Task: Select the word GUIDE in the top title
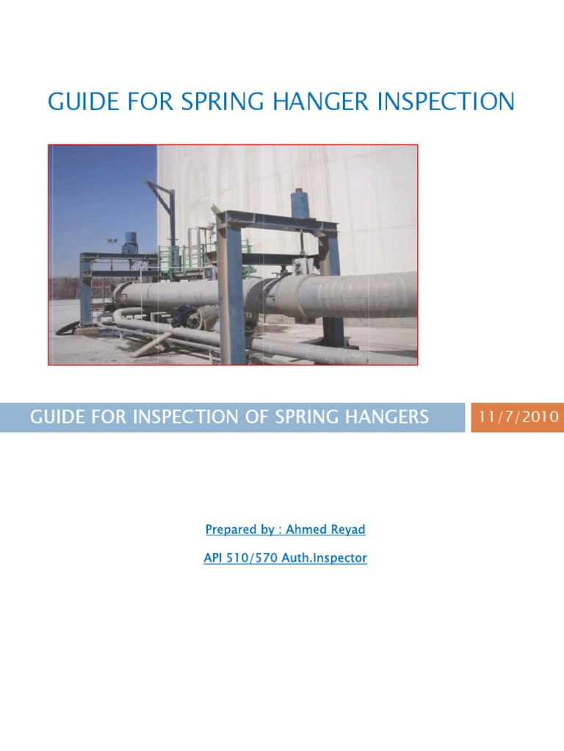(x=81, y=101)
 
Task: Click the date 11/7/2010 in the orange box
(x=518, y=417)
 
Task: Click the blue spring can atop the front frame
(x=300, y=203)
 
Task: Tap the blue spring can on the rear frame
(x=132, y=242)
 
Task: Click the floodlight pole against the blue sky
(x=112, y=246)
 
